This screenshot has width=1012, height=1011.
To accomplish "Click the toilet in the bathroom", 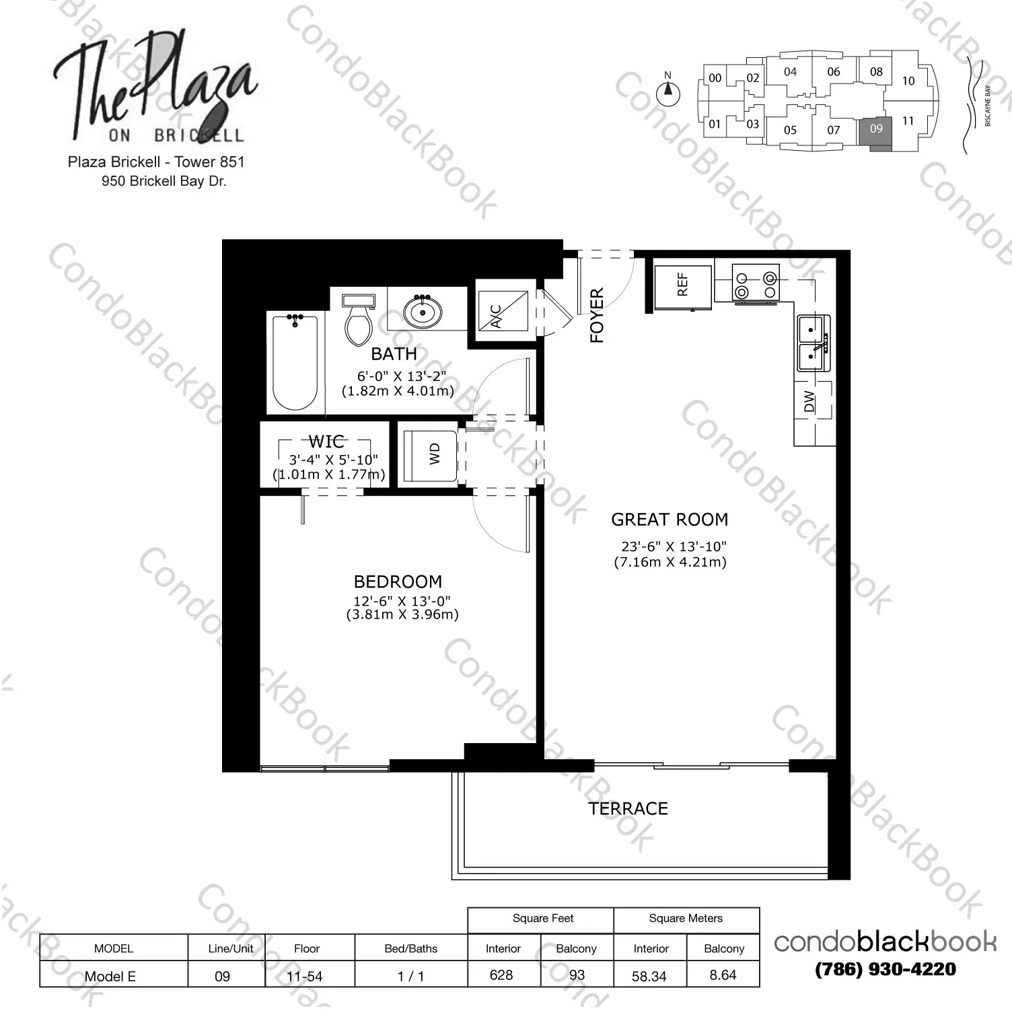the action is click(358, 319).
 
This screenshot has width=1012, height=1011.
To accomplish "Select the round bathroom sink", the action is click(423, 312).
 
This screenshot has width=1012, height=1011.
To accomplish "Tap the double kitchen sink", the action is click(813, 343).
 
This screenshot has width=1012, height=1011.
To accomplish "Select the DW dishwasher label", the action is click(809, 402).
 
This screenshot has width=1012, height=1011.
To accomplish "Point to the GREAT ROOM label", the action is click(670, 520).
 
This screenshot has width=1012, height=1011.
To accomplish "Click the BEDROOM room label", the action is click(398, 582).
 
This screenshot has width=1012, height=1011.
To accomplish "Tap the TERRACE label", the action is click(628, 808).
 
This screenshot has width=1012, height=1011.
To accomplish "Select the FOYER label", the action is click(597, 316).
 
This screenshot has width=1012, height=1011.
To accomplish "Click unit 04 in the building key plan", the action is click(790, 71).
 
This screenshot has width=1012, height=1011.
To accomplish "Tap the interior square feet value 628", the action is click(501, 975).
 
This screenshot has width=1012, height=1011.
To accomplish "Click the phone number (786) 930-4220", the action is click(885, 969).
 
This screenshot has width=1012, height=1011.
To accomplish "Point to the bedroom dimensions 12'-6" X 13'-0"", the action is click(402, 600).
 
